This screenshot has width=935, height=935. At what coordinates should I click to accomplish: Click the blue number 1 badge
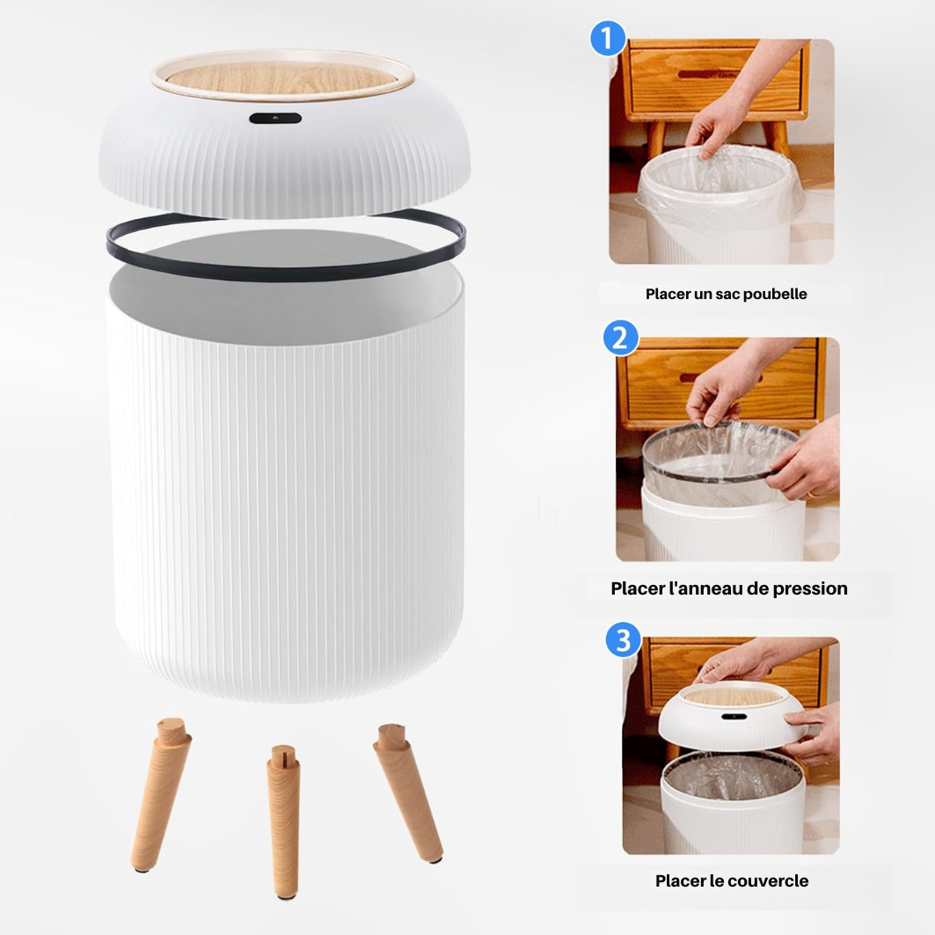(x=607, y=40)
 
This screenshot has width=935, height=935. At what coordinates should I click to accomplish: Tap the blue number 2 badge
(x=620, y=339)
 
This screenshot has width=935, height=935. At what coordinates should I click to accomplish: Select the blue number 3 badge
(x=624, y=639)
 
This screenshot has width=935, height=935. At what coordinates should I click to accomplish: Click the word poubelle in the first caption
(x=774, y=294)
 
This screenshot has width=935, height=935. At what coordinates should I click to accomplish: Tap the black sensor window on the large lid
(x=274, y=118)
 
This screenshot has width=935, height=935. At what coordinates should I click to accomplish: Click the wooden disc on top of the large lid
(x=282, y=77)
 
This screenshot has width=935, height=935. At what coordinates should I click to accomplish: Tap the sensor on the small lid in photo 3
(x=729, y=716)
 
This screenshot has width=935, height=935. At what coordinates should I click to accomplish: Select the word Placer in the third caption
(x=680, y=880)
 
